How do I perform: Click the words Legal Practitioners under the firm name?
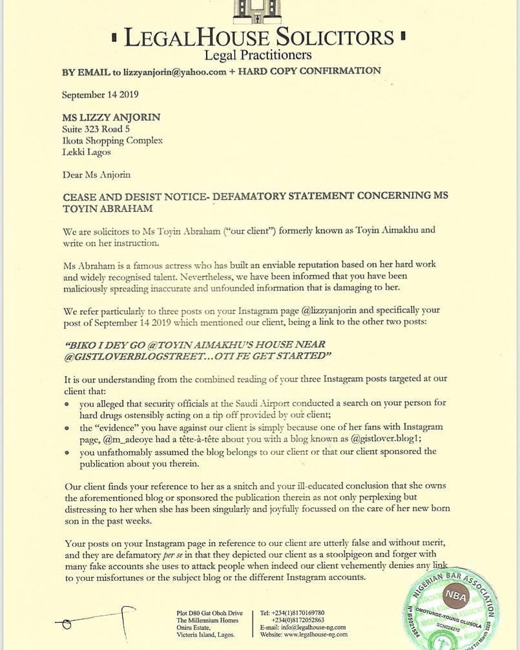258,55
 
